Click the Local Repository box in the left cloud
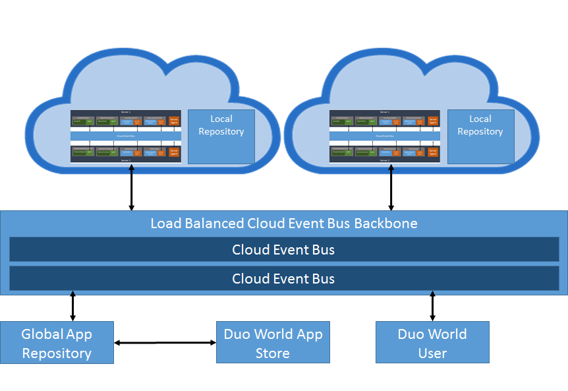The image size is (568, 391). click(221, 136)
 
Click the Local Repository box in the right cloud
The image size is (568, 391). click(480, 136)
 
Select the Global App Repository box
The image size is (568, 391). click(57, 343)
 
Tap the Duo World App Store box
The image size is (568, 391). click(273, 343)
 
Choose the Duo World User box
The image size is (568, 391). click(432, 343)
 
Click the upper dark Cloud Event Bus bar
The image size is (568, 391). click(283, 250)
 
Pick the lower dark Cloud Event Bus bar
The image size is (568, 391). click(283, 279)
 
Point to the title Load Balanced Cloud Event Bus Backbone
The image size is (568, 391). click(283, 223)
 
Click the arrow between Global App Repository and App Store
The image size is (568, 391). click(165, 343)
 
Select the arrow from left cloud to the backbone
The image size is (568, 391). click(132, 187)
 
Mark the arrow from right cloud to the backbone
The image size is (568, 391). click(391, 187)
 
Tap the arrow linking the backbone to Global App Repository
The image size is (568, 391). click(72, 308)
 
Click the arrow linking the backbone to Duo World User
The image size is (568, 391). click(432, 308)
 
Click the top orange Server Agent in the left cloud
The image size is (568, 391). click(174, 121)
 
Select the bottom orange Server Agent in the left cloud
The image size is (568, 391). click(174, 152)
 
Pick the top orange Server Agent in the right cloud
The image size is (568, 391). click(433, 121)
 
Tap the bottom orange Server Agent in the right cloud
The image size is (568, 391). click(433, 152)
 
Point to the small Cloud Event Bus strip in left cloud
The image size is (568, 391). click(125, 136)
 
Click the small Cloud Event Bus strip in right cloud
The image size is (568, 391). click(384, 136)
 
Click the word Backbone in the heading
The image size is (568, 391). click(386, 223)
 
